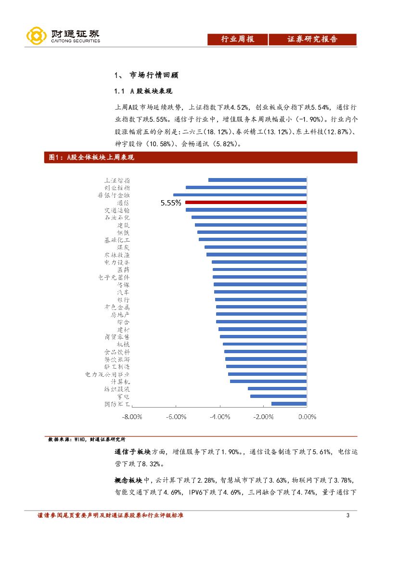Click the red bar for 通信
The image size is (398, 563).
coord(245,203)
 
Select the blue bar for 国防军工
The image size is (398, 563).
coord(289,404)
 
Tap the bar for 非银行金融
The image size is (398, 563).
coord(240,195)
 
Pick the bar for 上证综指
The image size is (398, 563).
coord(257,180)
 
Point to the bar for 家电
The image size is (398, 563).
coord(278,397)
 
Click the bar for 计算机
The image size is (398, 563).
coord(268,381)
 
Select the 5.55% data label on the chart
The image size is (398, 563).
coord(171,203)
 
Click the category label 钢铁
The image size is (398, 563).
coord(123,232)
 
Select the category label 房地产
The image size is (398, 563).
coord(120,314)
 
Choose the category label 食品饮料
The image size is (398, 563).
coord(117,352)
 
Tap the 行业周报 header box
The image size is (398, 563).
coord(237,39)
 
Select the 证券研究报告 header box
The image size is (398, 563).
coord(312,39)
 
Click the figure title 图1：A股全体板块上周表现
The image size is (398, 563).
coord(89,157)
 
